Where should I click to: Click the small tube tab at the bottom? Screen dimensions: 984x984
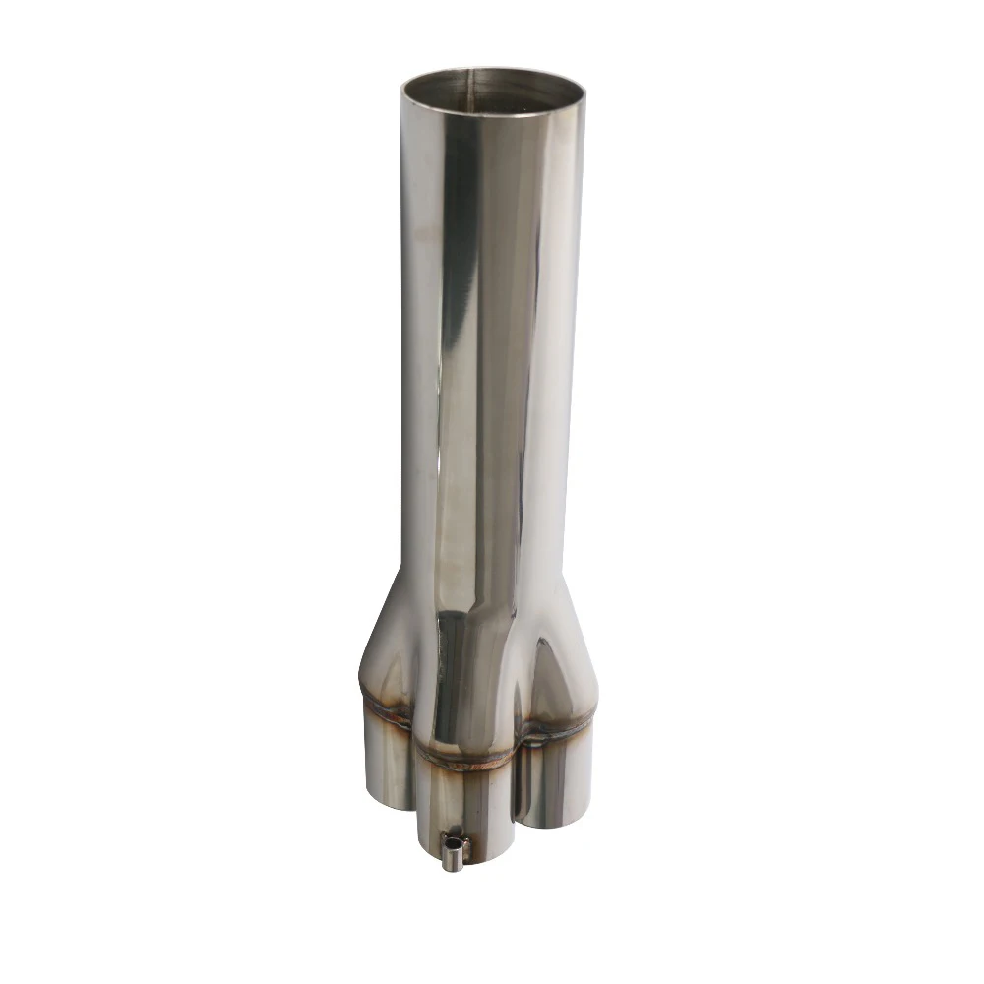pyautogui.click(x=454, y=851)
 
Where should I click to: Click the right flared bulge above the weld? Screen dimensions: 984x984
pyautogui.click(x=561, y=669)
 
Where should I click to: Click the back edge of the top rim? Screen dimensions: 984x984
pyautogui.click(x=492, y=69)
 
